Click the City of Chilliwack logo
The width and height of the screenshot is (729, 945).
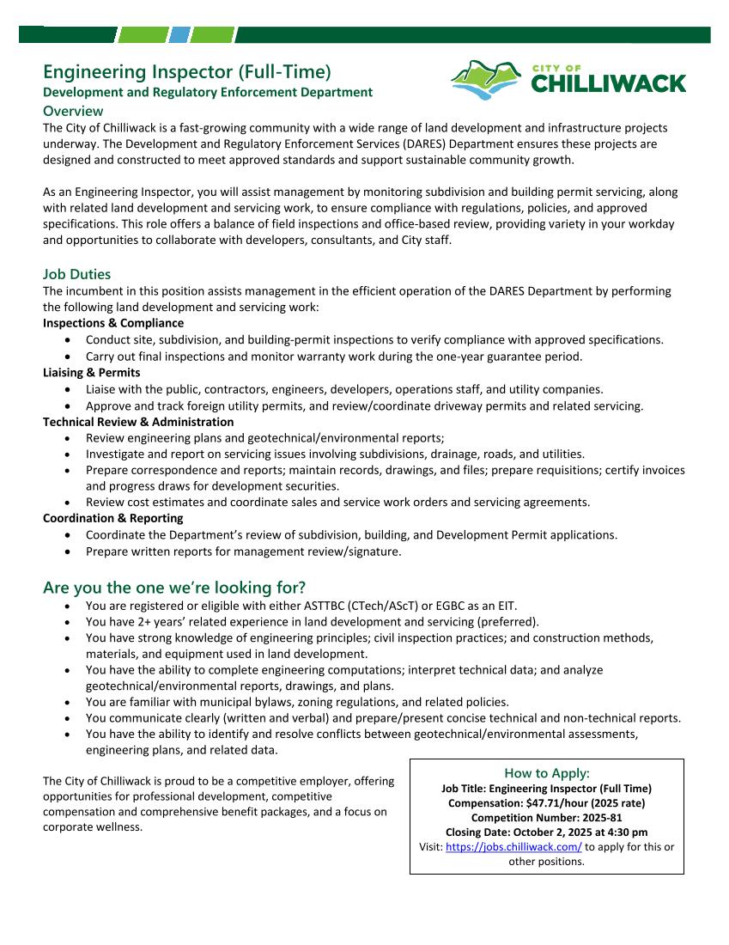click(568, 79)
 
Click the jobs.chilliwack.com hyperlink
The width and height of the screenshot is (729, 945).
click(513, 846)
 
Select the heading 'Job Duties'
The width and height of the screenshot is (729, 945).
click(76, 274)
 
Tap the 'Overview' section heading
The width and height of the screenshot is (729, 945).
click(73, 111)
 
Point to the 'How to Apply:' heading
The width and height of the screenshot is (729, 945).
click(547, 773)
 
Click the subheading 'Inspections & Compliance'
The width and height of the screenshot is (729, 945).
click(113, 323)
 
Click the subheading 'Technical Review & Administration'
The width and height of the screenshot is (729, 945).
click(138, 422)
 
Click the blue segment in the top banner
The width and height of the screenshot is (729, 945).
click(179, 35)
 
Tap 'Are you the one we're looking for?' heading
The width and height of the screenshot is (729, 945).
click(174, 588)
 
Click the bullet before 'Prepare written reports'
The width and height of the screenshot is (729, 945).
click(68, 552)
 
